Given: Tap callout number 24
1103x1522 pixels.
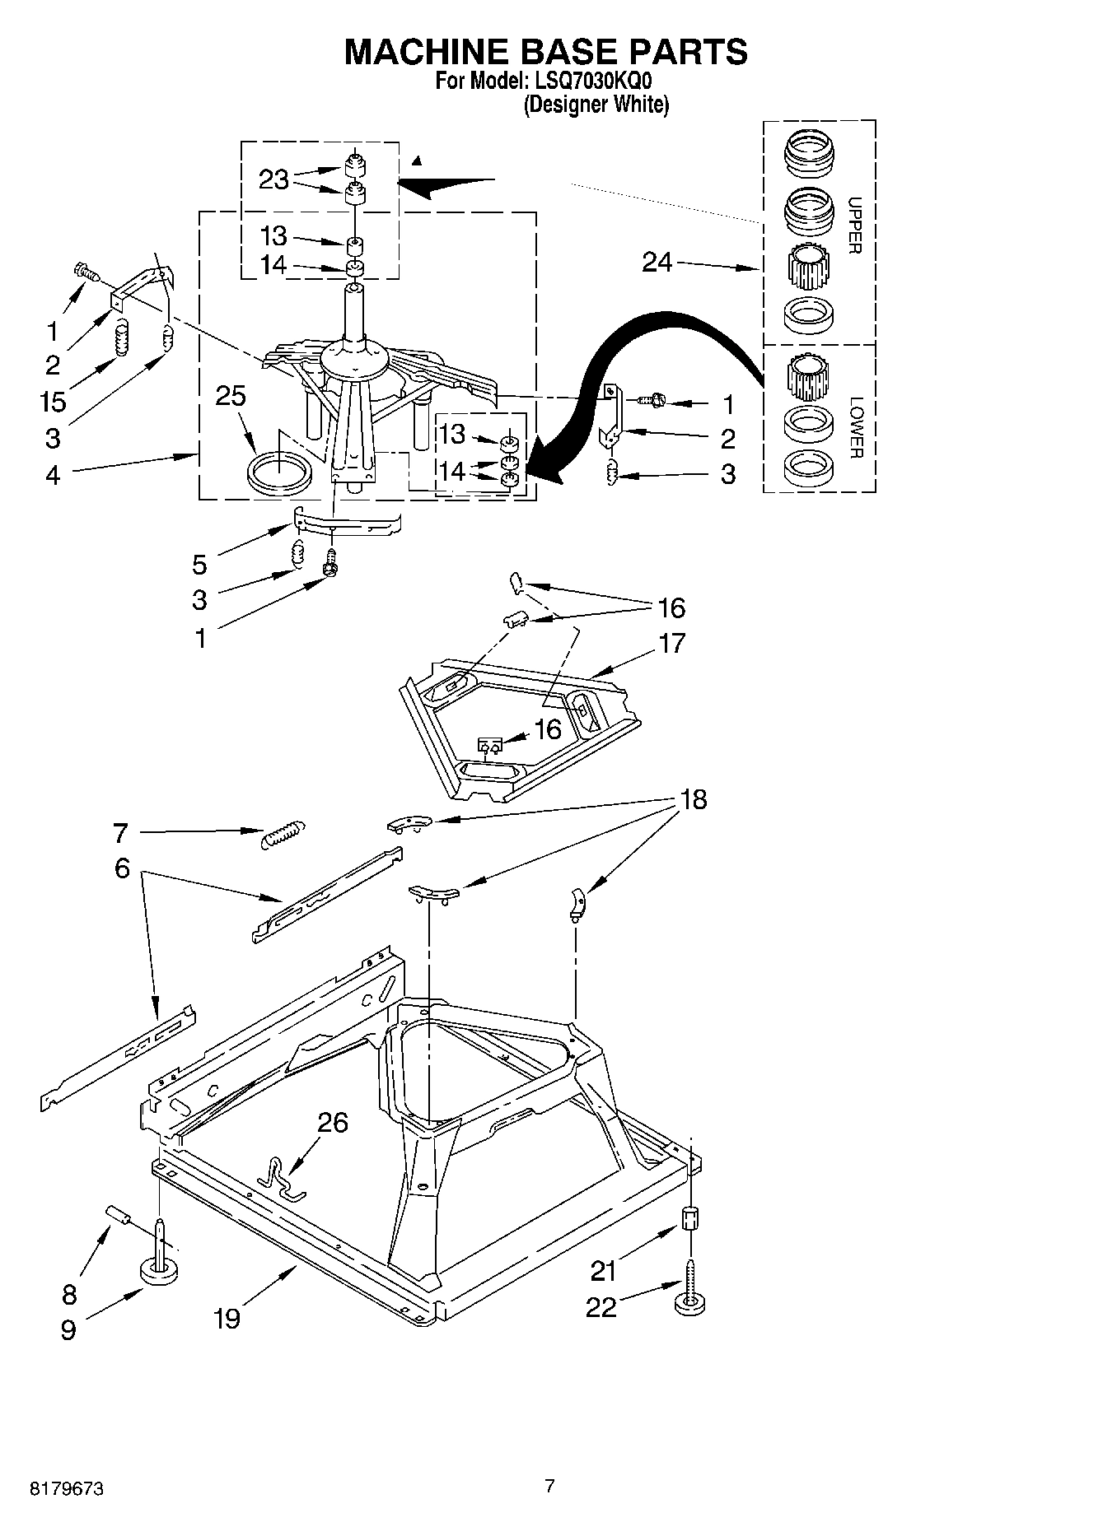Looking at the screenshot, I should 657,263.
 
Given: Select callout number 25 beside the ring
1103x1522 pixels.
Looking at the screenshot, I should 231,396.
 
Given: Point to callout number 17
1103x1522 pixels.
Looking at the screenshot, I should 672,643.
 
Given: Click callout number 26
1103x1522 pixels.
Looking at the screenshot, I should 332,1122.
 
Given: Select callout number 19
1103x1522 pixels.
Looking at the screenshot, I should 227,1318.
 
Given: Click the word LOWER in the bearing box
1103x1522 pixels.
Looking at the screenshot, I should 856,428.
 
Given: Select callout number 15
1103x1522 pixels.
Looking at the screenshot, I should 53,402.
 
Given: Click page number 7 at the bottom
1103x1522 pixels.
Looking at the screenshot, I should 549,1486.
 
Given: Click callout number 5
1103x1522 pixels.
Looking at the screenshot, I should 199,564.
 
